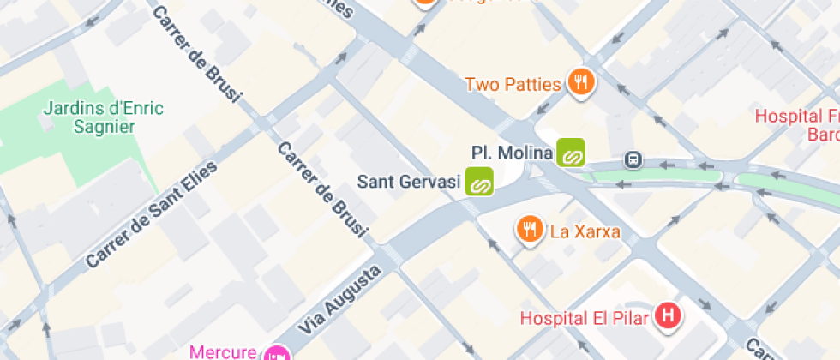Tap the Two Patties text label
(x=513, y=84)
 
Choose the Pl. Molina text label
(x=512, y=153)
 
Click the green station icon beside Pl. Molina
(x=571, y=153)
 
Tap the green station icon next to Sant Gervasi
(x=479, y=182)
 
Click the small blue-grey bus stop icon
(x=633, y=159)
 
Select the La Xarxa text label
(x=585, y=231)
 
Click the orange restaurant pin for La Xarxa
(x=530, y=229)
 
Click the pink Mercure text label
(x=222, y=351)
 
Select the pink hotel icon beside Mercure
(x=276, y=353)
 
